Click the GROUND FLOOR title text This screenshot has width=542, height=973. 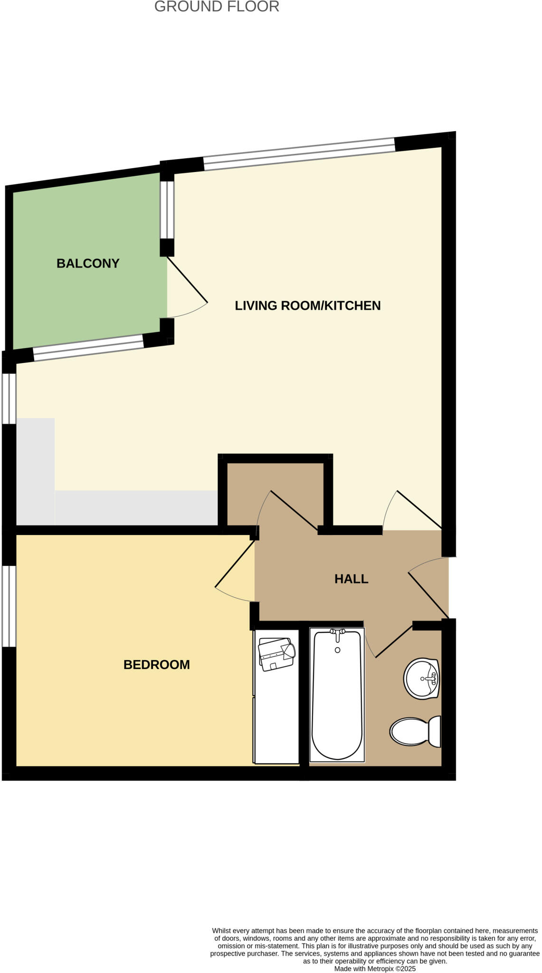coord(217,7)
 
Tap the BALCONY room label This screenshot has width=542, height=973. coord(88,263)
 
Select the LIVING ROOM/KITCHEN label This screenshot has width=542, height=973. coord(307,305)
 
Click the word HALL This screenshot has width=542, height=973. coord(351,579)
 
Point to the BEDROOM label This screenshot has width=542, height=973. coord(156,664)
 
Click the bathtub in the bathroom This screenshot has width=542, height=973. coord(337,698)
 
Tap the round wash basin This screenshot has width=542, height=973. coord(421,678)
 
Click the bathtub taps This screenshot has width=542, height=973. coord(337,632)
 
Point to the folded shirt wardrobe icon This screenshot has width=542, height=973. coord(276,654)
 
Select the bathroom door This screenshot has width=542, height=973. coord(393,641)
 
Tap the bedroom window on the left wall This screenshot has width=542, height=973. coord(9,606)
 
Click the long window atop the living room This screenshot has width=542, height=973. coord(299,154)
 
